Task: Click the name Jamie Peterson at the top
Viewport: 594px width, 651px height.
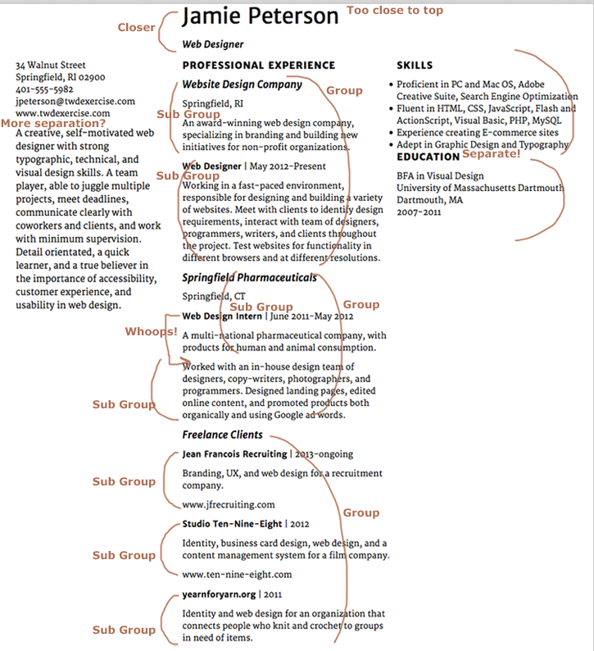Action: click(260, 16)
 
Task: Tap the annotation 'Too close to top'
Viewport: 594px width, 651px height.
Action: click(395, 11)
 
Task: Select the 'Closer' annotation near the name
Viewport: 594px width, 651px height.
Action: click(136, 28)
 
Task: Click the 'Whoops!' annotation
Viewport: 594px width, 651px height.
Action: click(151, 332)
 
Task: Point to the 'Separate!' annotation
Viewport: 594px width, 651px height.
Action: click(491, 153)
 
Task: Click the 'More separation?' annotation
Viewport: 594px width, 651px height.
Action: click(53, 124)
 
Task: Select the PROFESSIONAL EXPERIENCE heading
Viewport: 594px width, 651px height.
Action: click(258, 65)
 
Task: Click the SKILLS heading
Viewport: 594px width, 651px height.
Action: click(415, 65)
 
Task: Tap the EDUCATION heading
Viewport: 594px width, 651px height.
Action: click(428, 157)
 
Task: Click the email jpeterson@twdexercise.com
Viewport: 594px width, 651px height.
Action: click(75, 101)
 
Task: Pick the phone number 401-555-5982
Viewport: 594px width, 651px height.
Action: click(44, 89)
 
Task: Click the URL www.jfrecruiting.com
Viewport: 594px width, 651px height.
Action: click(229, 505)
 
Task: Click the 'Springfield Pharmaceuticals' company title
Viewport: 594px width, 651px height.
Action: click(249, 278)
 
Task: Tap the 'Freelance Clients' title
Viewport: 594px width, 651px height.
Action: click(222, 435)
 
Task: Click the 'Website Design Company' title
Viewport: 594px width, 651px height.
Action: click(242, 84)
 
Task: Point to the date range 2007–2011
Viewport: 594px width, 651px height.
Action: click(419, 212)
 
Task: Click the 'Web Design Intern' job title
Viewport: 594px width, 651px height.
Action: click(221, 316)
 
